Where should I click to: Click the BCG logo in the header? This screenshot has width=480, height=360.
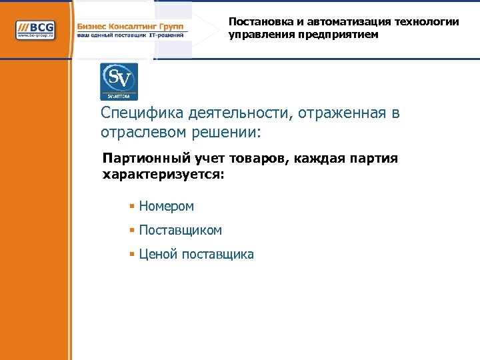[36, 29]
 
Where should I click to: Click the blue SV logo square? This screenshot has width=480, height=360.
[119, 81]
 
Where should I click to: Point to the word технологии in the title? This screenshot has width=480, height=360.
[427, 21]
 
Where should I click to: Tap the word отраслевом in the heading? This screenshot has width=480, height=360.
[139, 132]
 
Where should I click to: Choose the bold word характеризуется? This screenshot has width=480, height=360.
[164, 175]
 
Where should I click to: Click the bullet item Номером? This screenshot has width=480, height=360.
[166, 207]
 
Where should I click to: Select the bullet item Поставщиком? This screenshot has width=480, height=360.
[180, 230]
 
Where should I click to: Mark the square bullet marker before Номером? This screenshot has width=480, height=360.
[133, 207]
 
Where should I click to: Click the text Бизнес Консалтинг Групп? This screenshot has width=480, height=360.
[131, 25]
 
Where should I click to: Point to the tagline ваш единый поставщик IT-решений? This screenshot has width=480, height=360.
[131, 35]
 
